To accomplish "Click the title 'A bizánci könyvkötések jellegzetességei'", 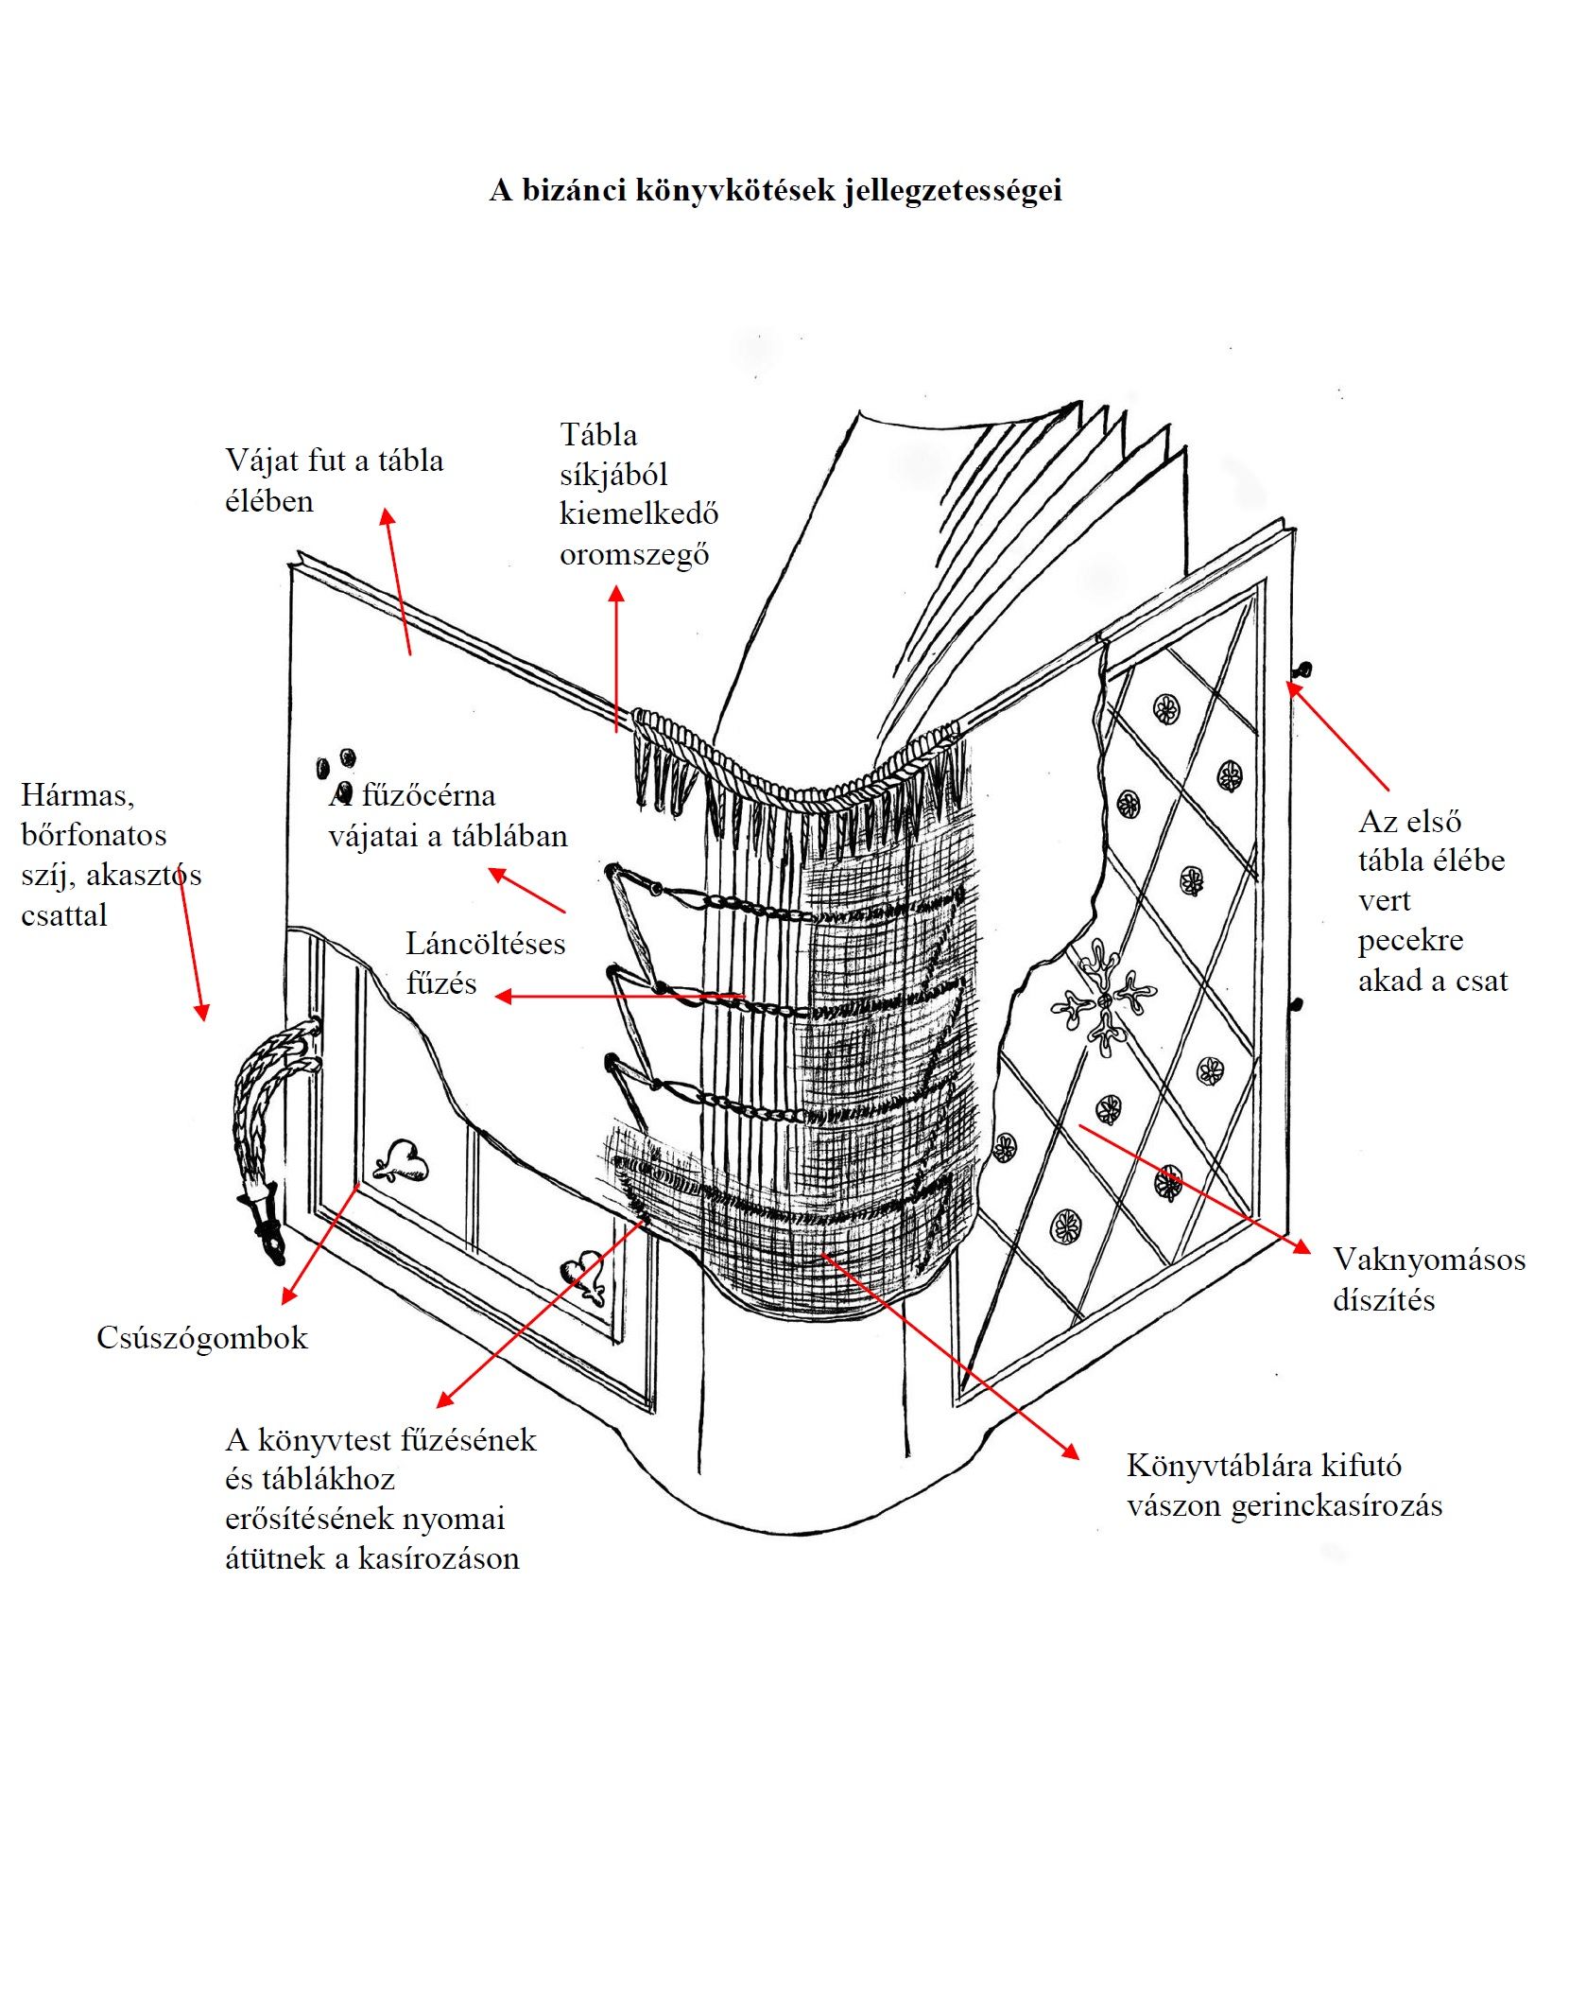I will pos(775,190).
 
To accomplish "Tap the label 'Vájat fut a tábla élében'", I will pos(334,480).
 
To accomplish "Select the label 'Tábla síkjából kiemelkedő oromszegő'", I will pos(638,495).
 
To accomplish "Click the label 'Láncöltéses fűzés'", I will pos(485,963).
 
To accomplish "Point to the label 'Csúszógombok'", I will pos(202,1337).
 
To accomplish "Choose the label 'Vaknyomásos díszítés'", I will pos(1428,1279).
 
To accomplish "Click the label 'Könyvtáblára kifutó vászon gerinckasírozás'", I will pos(1284,1485).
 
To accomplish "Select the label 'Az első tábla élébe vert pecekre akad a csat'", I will pos(1432,900).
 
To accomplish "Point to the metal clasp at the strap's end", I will pos(265,1225).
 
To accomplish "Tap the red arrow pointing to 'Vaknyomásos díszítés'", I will pos(1195,1188).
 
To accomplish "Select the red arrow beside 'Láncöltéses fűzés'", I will pos(619,996).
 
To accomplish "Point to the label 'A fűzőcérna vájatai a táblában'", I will pos(448,815).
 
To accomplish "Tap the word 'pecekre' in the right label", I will pos(1410,940).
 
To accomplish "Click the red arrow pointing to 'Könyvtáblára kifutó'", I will pos(949,1356).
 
